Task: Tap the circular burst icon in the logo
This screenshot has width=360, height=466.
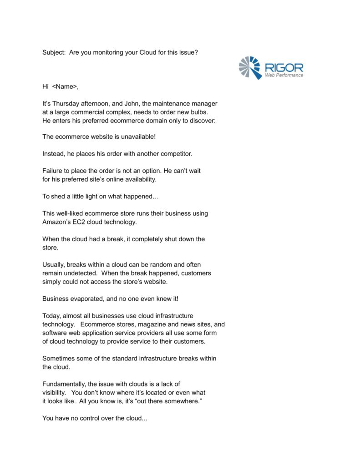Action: pos(249,67)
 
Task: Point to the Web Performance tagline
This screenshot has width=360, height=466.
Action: pos(284,76)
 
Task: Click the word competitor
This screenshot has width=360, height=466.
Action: pos(169,154)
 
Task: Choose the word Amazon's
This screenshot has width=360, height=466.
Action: pos(56,222)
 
